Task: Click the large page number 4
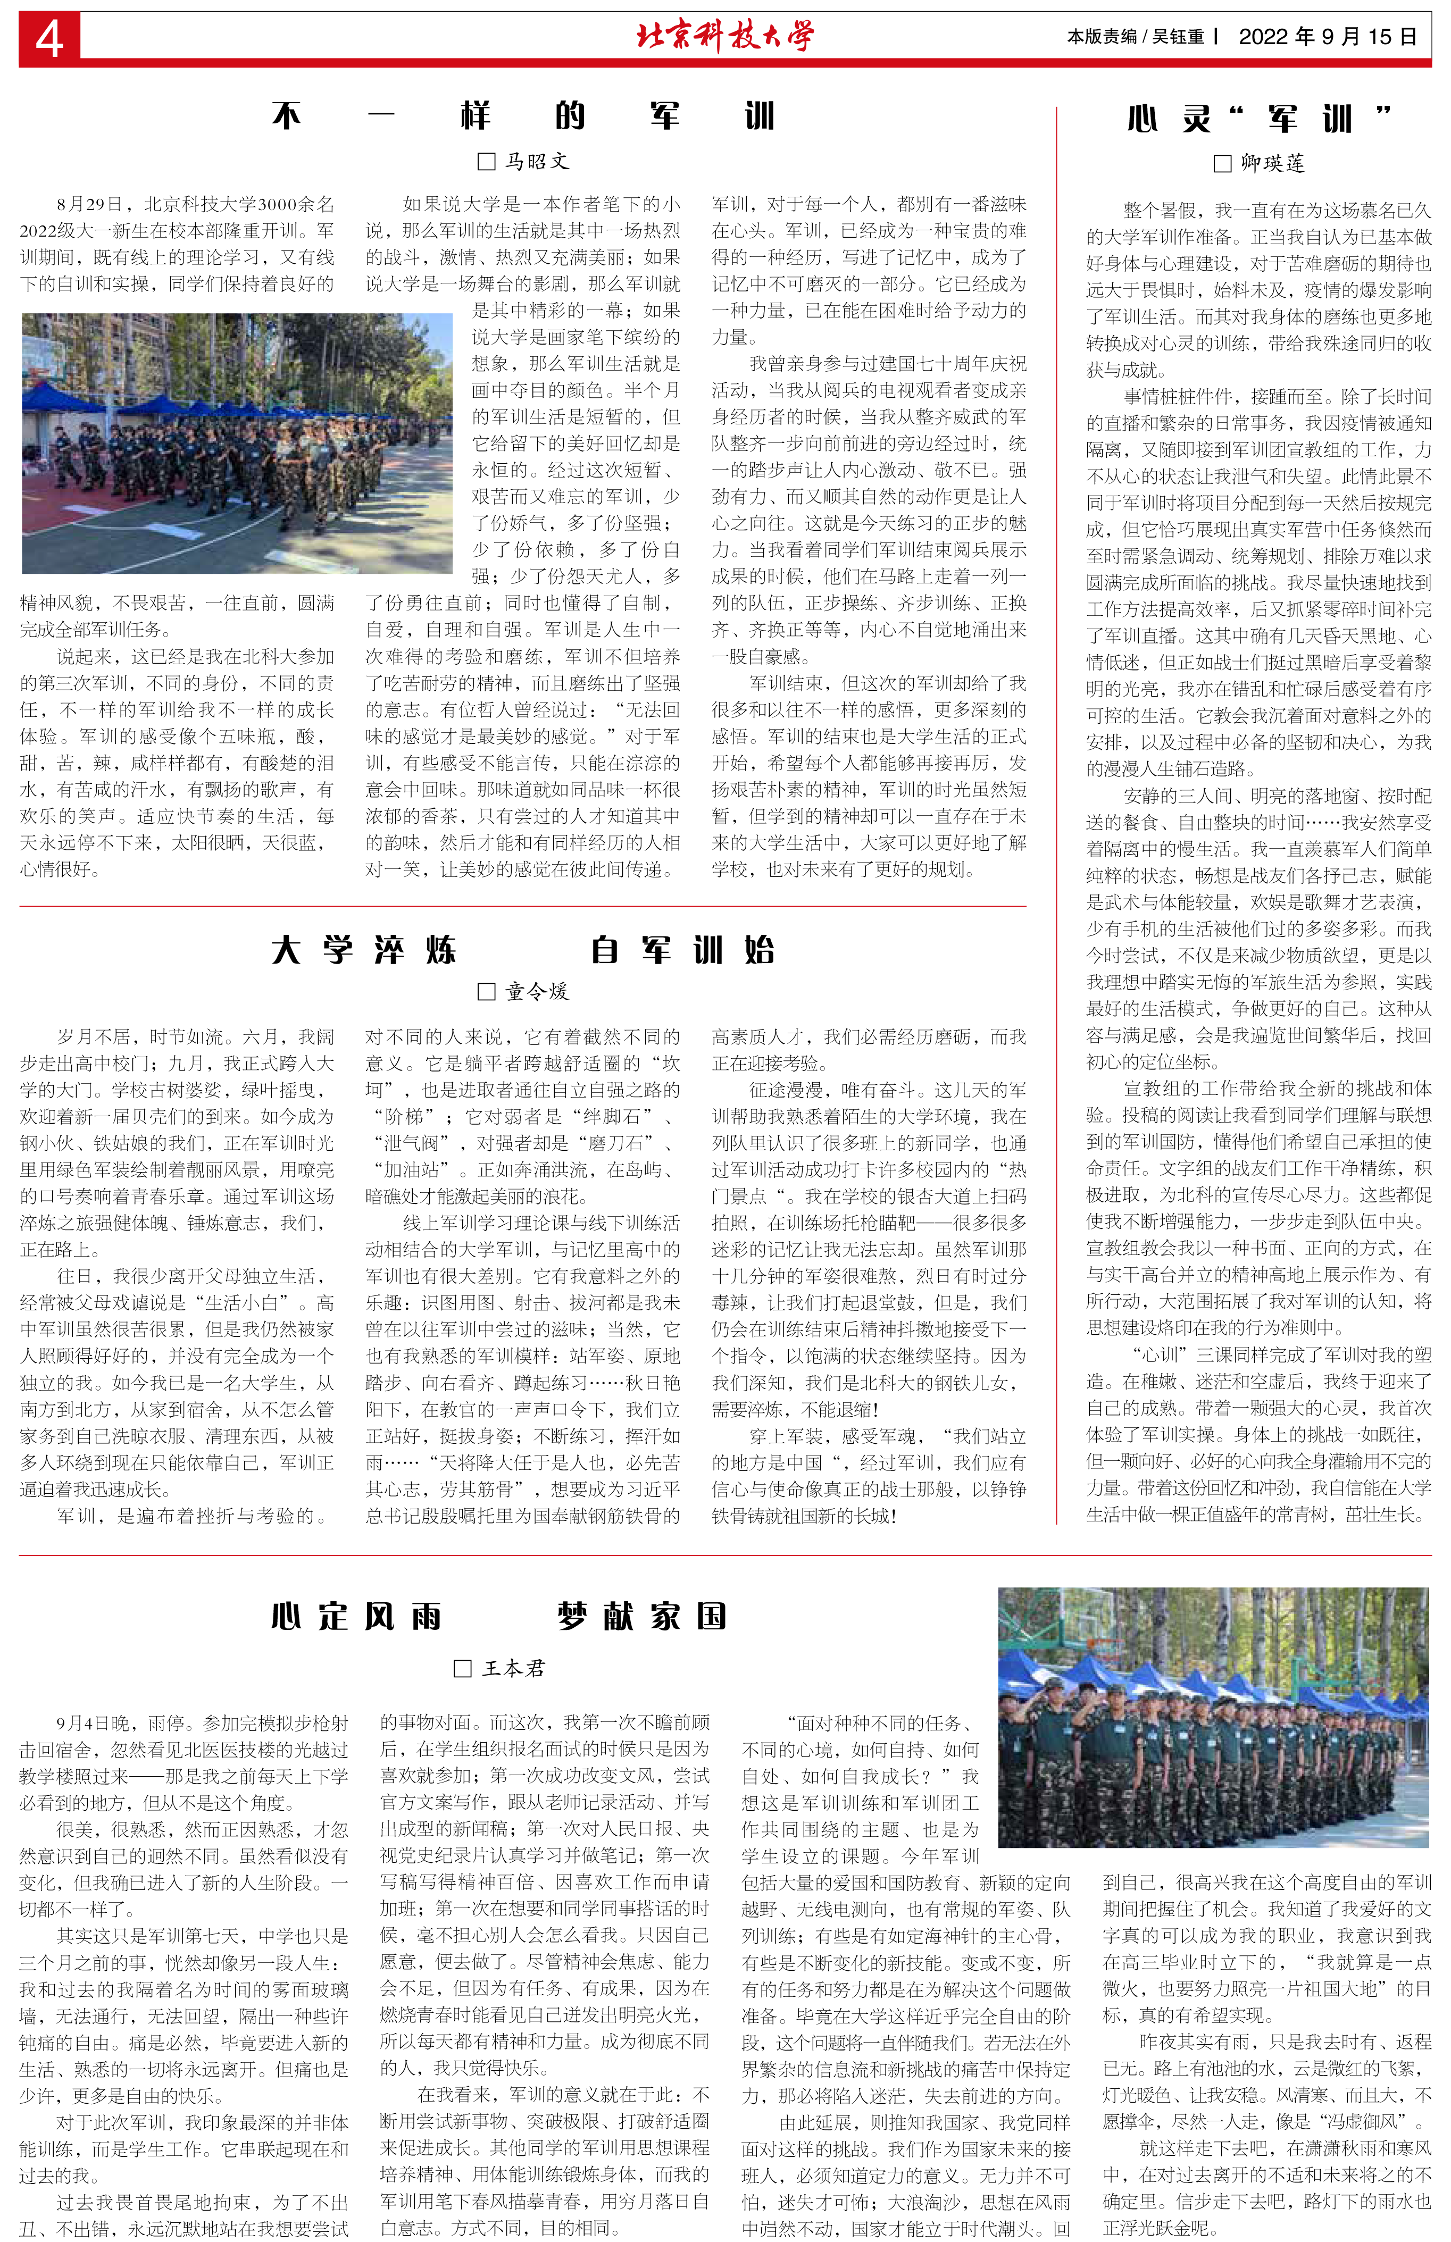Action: pos(49,39)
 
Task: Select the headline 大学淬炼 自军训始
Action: pos(523,950)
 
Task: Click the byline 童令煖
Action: pos(537,991)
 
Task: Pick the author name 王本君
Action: pos(513,1668)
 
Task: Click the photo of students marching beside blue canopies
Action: pos(237,443)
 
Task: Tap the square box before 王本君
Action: pos(463,1668)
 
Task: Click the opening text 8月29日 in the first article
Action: pos(94,204)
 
